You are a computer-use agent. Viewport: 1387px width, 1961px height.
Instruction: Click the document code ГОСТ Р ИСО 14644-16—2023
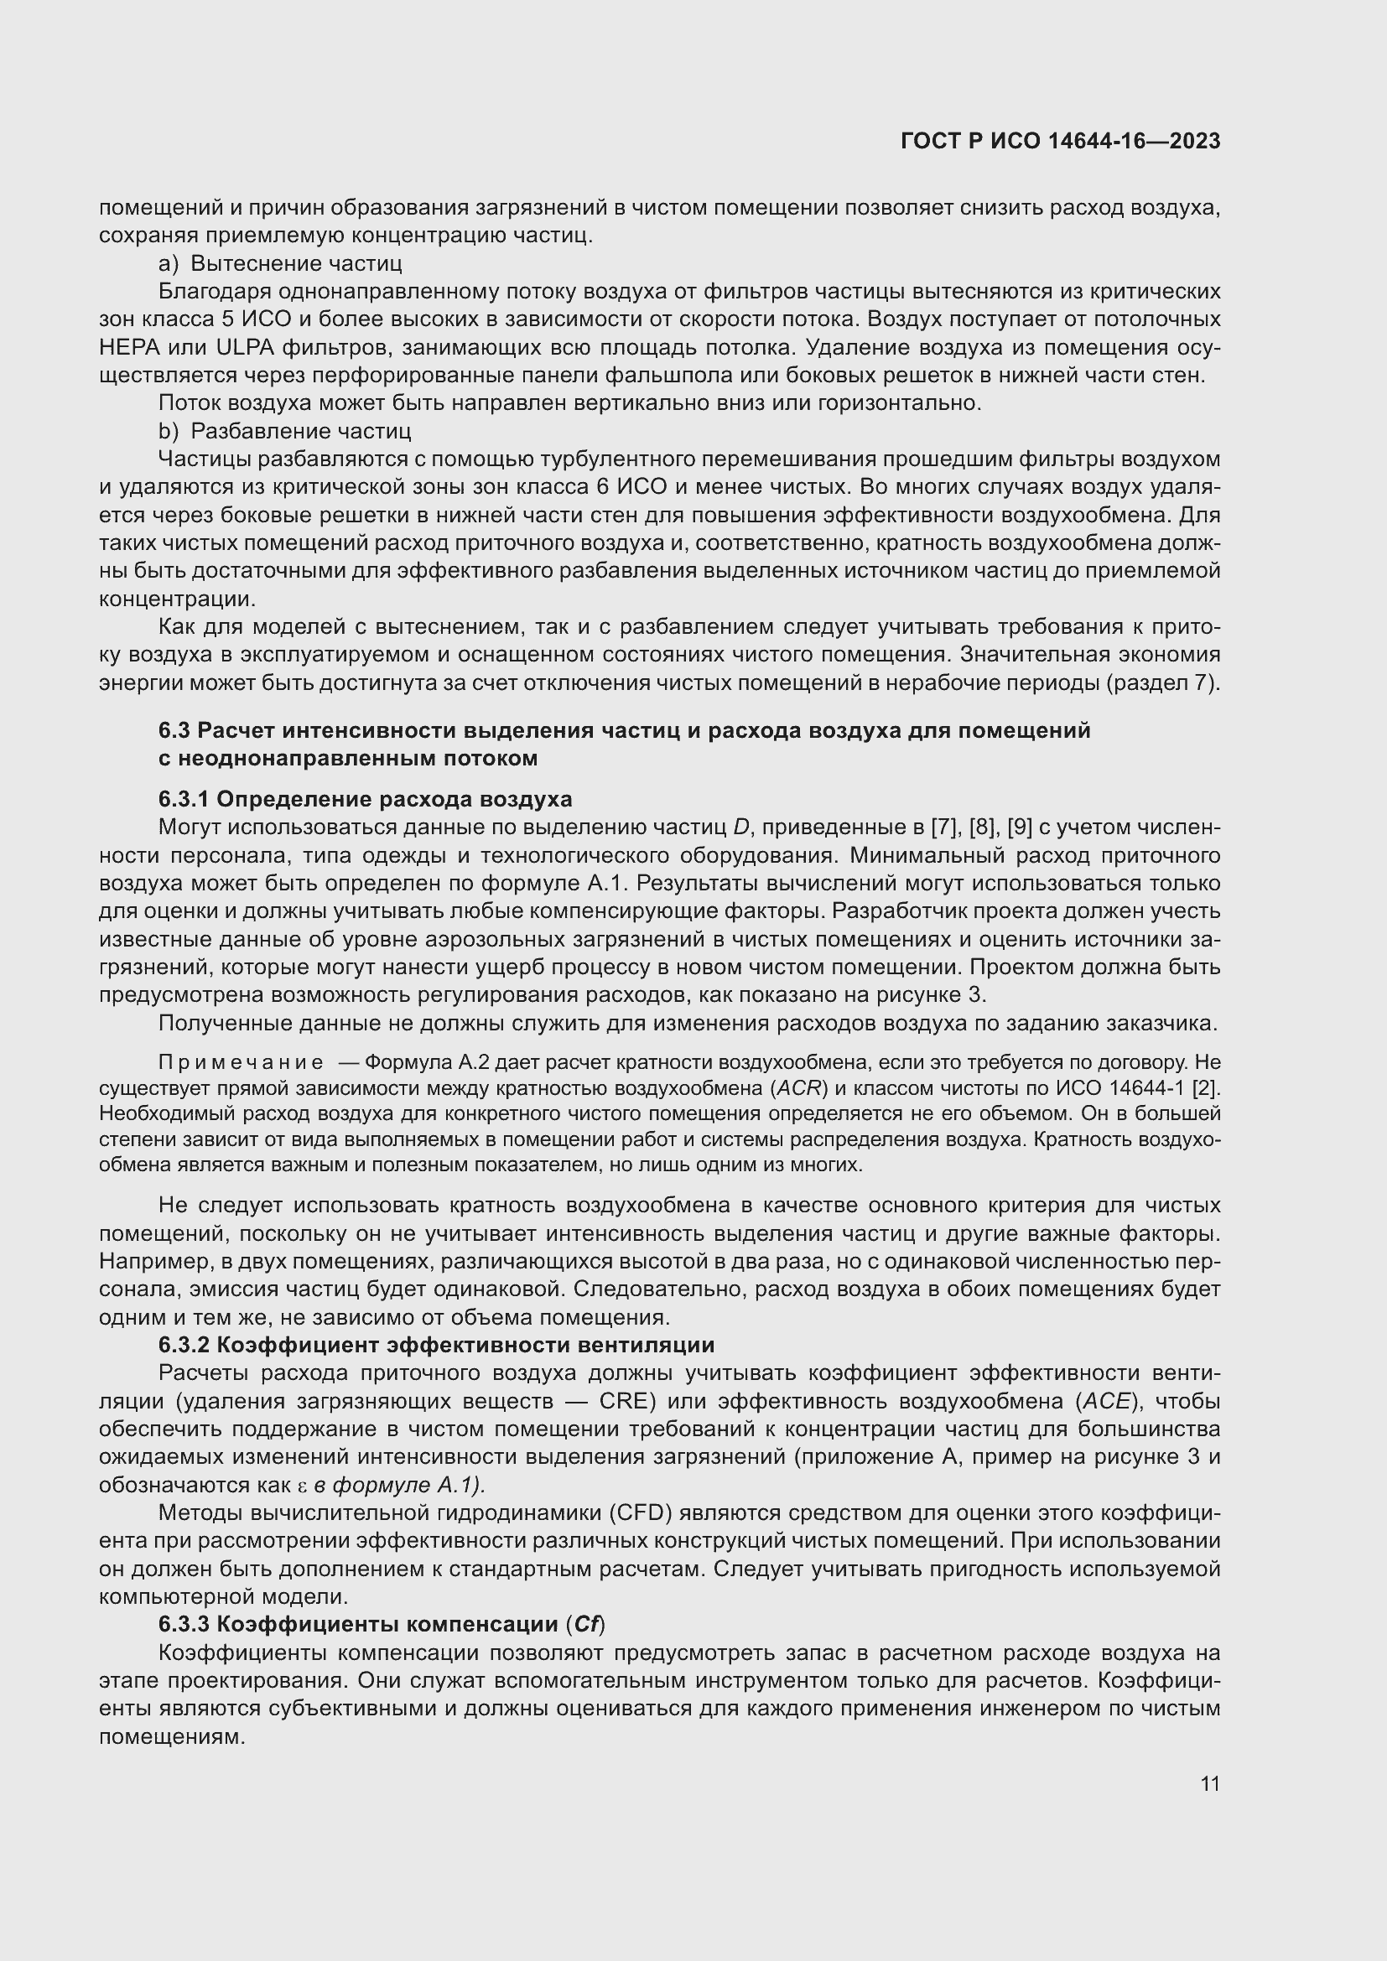[1060, 141]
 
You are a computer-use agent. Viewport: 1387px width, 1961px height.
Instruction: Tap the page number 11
[1209, 1783]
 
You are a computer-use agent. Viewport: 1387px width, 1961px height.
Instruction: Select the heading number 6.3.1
[184, 799]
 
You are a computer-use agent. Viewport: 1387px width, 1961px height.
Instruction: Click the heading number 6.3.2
[184, 1345]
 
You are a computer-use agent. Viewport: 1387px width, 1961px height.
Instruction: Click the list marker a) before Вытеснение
[169, 263]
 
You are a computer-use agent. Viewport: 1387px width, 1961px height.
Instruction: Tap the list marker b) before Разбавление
[169, 430]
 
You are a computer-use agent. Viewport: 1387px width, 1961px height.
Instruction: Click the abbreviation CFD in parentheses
[641, 1513]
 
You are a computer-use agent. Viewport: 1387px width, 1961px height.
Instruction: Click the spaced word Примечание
[241, 1062]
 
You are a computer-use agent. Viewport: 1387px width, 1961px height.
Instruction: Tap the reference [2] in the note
[1207, 1088]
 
